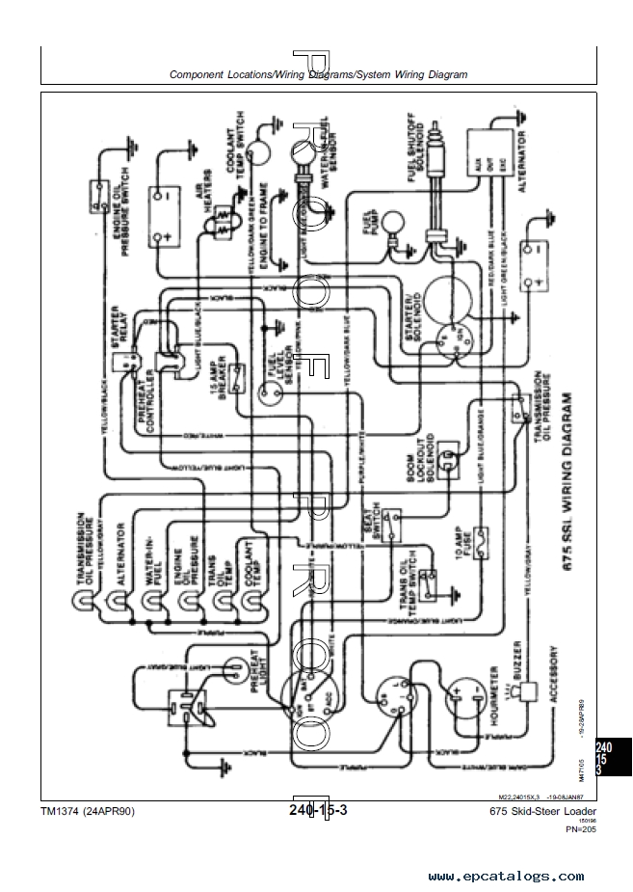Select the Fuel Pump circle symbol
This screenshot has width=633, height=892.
point(391,225)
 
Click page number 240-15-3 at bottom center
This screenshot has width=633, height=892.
point(317,811)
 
